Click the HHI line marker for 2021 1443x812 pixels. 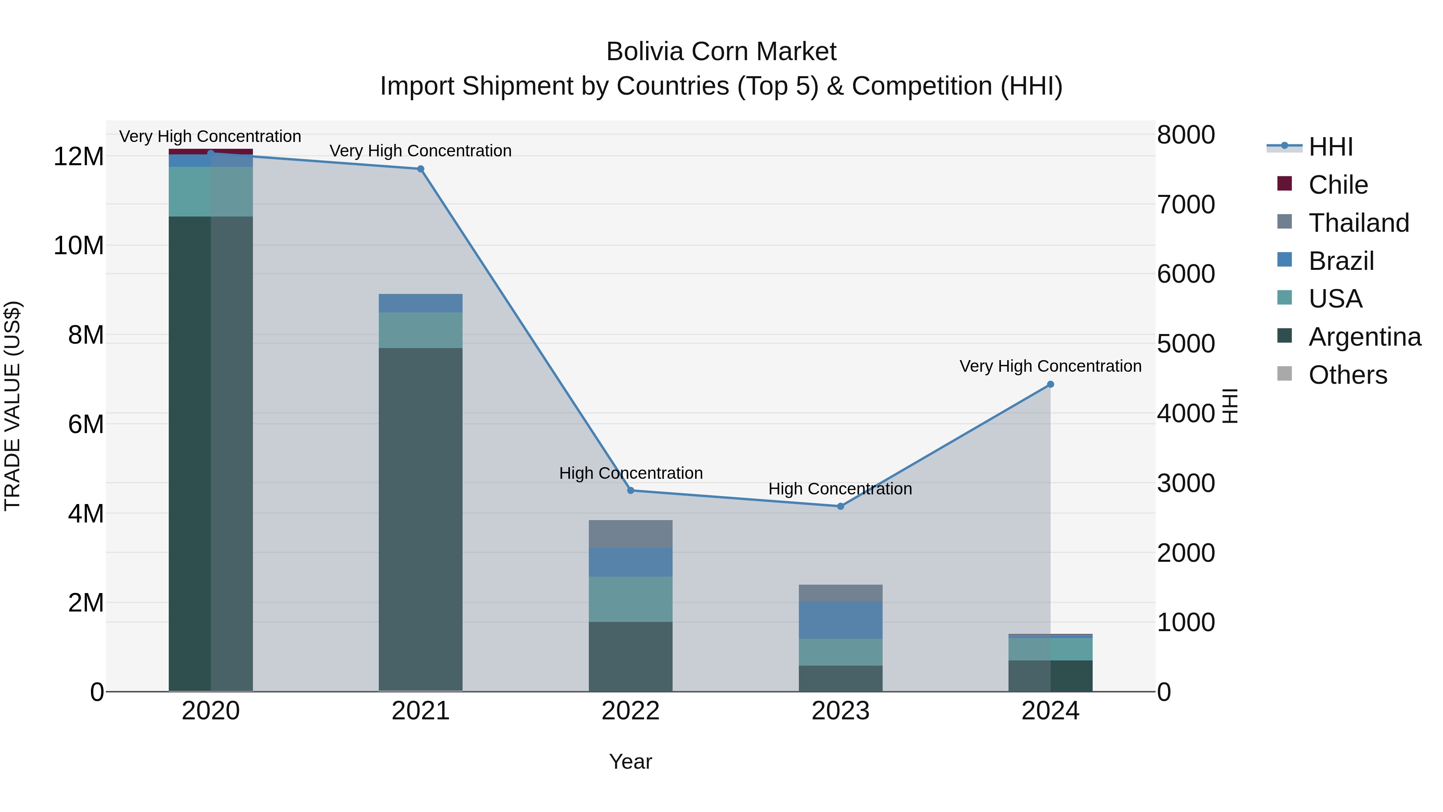click(x=421, y=169)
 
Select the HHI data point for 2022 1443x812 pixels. click(x=631, y=490)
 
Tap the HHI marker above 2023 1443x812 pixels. click(x=840, y=506)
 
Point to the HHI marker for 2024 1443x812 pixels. click(x=1050, y=385)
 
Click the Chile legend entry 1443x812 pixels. click(x=1338, y=185)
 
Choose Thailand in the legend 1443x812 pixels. click(x=1358, y=223)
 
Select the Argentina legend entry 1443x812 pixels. click(x=1364, y=337)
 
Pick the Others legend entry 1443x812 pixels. click(x=1347, y=375)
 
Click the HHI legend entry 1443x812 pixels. click(x=1330, y=147)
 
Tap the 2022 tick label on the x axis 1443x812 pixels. click(x=631, y=711)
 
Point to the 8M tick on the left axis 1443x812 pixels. click(x=86, y=335)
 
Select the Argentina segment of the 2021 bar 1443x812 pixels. click(x=421, y=518)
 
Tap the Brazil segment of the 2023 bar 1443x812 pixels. click(x=840, y=620)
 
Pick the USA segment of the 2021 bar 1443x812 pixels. click(x=421, y=330)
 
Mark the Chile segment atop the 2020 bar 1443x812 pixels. click(x=210, y=151)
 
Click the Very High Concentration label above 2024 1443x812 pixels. click(x=1050, y=366)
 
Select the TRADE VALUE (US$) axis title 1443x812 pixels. click(x=12, y=406)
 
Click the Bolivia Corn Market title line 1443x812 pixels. click(x=721, y=52)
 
